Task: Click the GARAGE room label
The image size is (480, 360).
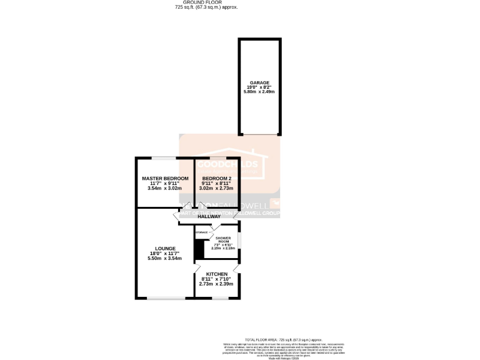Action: coord(259,82)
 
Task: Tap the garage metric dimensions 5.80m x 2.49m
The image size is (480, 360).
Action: coord(259,92)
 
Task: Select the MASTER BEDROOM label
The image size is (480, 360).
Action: coord(164,178)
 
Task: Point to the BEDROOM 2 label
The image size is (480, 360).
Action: coord(217,178)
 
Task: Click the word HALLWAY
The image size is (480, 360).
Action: coord(210,216)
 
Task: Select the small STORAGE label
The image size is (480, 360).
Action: coord(201,232)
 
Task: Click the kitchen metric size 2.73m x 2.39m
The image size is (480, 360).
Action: coord(216,284)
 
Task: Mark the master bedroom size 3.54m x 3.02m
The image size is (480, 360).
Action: coord(164,188)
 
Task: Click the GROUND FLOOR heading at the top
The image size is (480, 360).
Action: coord(206,2)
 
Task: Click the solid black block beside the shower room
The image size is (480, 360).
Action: coord(199,248)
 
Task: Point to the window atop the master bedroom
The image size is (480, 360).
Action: coord(165,157)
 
